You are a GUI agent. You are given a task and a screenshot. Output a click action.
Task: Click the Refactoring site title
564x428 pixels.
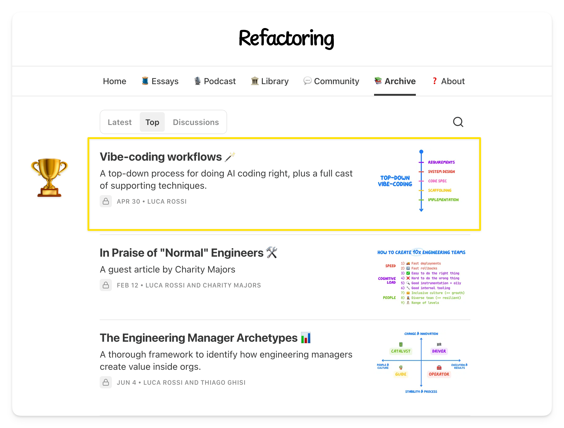[286, 39]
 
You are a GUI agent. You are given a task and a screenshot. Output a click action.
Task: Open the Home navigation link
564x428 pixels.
[114, 81]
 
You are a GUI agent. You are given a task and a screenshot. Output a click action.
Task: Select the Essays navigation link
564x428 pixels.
[160, 81]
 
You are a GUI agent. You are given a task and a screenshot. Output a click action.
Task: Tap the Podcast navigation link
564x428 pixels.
[215, 81]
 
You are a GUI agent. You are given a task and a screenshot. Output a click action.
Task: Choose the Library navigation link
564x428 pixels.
[270, 81]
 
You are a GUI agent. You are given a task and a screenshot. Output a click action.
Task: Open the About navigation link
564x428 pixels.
[448, 81]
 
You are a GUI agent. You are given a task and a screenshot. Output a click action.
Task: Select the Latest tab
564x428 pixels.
[120, 122]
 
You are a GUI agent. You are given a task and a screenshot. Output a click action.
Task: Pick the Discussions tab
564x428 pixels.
[196, 122]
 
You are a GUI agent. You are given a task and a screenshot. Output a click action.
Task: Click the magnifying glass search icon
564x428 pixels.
[458, 122]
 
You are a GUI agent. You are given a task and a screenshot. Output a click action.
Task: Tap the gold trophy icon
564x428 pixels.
[49, 177]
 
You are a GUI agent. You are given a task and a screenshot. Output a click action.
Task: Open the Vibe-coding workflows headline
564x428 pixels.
[161, 157]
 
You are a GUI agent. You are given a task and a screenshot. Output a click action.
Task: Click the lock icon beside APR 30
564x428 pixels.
[106, 201]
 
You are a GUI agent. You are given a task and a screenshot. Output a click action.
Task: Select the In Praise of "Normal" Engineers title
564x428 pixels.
[181, 253]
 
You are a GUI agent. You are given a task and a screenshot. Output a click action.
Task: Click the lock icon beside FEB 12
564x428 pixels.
[106, 285]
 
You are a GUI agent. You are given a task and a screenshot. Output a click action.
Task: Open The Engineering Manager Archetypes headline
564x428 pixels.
[198, 338]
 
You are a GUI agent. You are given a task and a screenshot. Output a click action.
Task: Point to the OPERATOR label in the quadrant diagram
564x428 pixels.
[439, 374]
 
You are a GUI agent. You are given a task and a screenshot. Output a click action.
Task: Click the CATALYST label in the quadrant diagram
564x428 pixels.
[401, 351]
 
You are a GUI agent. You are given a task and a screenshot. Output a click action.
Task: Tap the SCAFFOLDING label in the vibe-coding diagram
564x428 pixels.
[440, 190]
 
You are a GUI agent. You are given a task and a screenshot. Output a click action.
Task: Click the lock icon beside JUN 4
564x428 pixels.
[106, 382]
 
